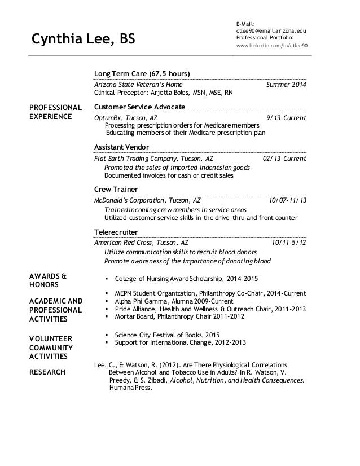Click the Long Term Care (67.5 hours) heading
coord(142,74)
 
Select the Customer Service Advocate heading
coord(139,107)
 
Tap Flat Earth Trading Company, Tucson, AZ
coord(153,159)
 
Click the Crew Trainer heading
coord(116,189)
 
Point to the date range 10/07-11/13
coord(288,200)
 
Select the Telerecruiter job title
coord(116,231)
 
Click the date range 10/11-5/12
coord(289,242)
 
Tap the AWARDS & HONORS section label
coord(47,280)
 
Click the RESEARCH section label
coord(48,372)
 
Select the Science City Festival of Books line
coord(167,335)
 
